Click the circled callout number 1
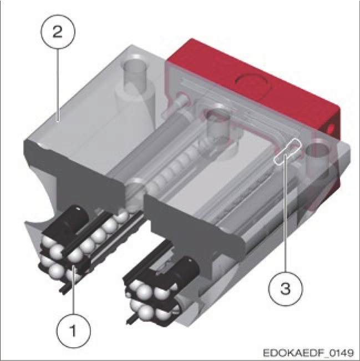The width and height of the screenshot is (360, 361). pos(73,331)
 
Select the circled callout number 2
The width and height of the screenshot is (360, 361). pos(58,32)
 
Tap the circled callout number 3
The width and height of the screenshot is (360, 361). pos(286,288)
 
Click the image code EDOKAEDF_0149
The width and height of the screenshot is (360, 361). pos(308,353)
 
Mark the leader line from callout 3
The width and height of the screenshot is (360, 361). pos(286,213)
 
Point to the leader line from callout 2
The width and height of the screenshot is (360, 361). pos(58,85)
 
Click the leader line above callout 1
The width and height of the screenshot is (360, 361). pos(74,289)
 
